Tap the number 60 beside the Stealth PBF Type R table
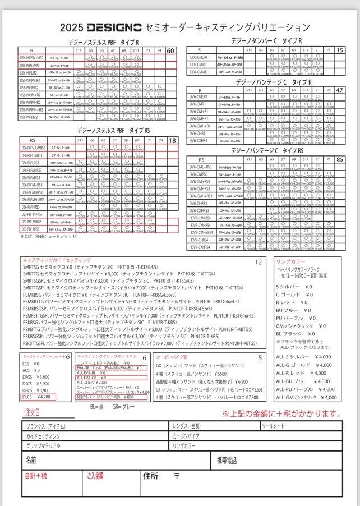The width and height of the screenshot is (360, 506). pos(172,50)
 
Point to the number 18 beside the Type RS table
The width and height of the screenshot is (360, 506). pos(172,140)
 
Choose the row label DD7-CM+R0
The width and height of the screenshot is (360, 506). pos(199,72)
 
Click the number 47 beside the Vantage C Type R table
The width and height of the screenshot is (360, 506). pos(339,90)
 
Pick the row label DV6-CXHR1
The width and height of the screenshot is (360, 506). pos(199,140)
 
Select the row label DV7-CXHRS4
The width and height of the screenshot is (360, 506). pos(200,247)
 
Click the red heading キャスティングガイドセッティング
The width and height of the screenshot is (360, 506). pos(57,260)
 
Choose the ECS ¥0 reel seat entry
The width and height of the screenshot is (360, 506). pos(31,364)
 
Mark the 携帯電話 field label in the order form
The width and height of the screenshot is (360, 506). pos(227,461)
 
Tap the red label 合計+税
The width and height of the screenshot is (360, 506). pos(36,476)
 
